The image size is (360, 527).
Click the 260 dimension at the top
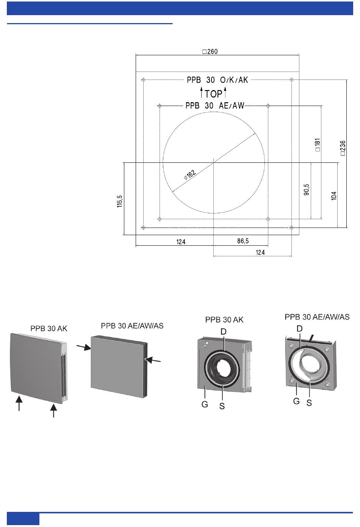(210, 51)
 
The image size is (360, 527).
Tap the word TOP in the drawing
(213, 94)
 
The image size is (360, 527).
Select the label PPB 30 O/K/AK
(217, 80)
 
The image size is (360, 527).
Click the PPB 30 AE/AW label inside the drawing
(215, 106)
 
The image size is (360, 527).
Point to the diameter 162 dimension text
(190, 175)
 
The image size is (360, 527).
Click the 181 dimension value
(318, 145)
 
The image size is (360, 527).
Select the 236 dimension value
(343, 148)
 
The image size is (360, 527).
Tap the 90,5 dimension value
(306, 190)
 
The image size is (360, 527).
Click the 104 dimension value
(334, 196)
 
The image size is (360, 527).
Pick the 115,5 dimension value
(120, 201)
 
